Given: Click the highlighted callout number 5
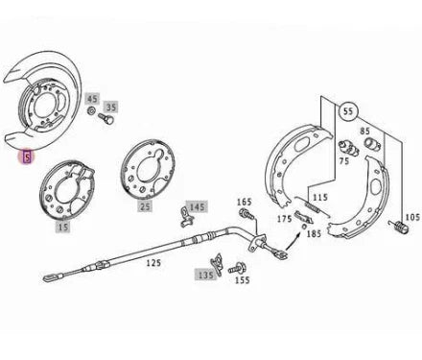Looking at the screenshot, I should (28, 155).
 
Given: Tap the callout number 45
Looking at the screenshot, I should (92, 99).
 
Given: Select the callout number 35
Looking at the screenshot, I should (111, 107).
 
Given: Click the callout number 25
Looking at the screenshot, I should (145, 205).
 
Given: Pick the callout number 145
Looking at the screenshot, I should (197, 206).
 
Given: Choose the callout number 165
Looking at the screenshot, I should (245, 202).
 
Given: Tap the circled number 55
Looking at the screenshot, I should (347, 111).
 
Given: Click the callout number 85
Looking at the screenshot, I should (365, 132).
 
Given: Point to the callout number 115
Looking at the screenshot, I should (319, 197).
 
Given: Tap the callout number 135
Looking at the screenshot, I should (204, 274).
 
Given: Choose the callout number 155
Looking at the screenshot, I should (244, 281).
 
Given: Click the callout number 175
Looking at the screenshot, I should (284, 220).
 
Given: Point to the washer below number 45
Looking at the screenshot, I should (91, 111).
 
